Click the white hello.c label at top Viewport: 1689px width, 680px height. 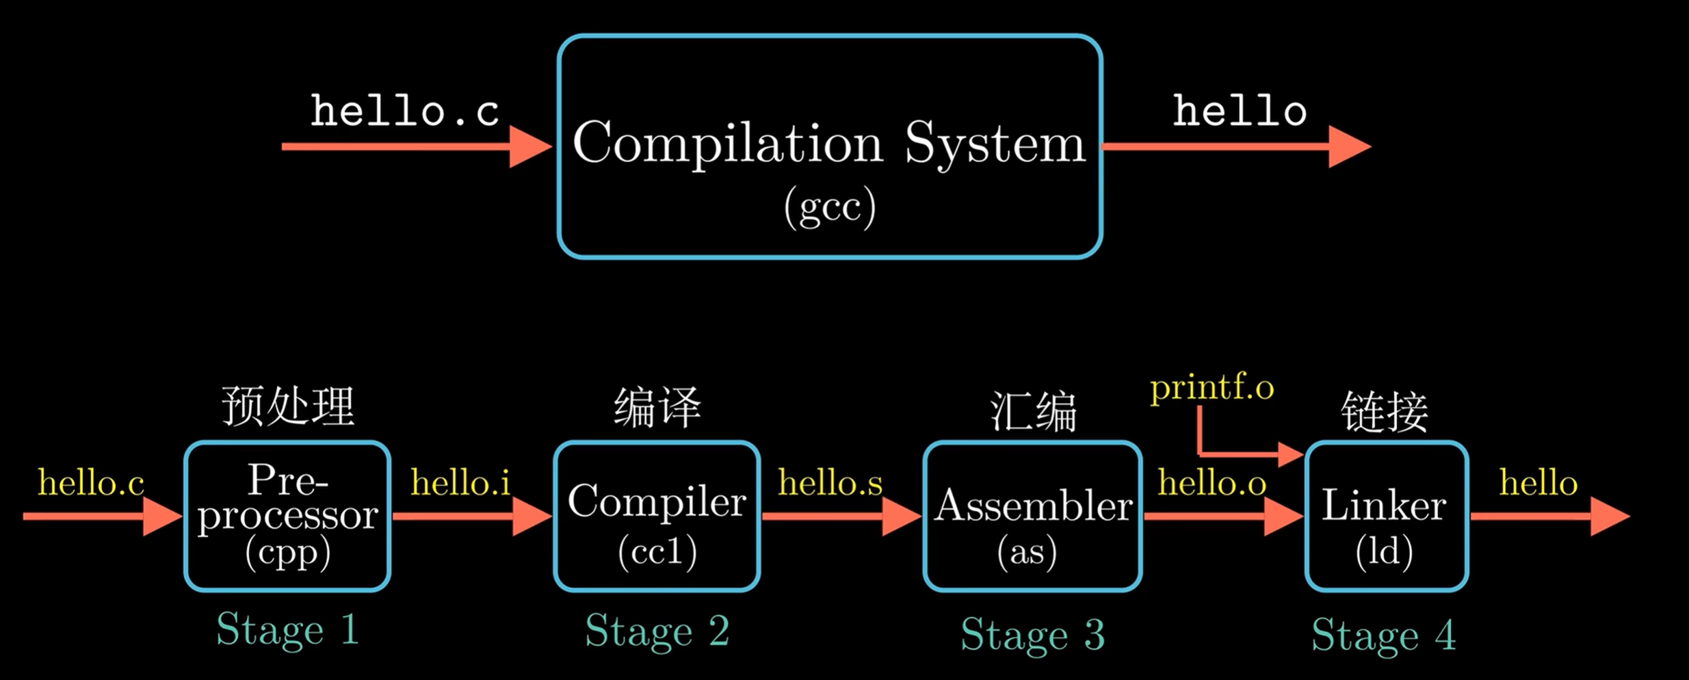click(404, 111)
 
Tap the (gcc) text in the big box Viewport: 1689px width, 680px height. click(830, 207)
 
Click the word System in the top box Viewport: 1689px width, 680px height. click(995, 144)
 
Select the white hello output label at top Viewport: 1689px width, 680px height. click(1240, 111)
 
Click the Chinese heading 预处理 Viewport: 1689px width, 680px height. click(288, 406)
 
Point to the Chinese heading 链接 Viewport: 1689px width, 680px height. click(1385, 412)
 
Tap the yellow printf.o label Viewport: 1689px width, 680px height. click(1212, 388)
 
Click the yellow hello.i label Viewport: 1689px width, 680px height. click(460, 483)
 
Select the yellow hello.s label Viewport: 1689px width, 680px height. click(830, 483)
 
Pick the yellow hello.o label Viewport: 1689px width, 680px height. click(1212, 483)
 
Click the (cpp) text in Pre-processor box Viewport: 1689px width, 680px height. click(288, 551)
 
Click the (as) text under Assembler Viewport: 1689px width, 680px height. click(1027, 551)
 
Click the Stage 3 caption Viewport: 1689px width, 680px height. click(1032, 634)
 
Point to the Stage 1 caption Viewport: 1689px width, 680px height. click(287, 629)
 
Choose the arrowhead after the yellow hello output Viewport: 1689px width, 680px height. click(1609, 516)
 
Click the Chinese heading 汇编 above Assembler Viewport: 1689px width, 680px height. click(1033, 412)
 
